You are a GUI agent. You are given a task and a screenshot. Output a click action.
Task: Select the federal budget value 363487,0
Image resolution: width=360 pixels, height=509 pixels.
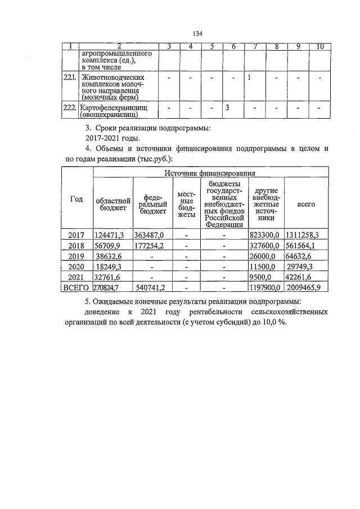148,235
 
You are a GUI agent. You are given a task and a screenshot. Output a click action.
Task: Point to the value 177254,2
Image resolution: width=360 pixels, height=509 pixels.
148,245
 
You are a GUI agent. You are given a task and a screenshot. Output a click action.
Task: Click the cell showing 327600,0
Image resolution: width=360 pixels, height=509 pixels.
264,245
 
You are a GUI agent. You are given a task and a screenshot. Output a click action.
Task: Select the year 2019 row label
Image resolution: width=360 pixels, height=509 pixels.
75,256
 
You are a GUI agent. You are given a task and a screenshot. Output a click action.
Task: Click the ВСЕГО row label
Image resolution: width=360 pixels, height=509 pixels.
75,288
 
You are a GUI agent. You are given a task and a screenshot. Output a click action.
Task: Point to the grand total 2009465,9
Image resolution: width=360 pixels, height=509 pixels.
304,288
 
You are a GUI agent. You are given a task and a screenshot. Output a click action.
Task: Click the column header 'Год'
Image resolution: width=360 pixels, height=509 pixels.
76,199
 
